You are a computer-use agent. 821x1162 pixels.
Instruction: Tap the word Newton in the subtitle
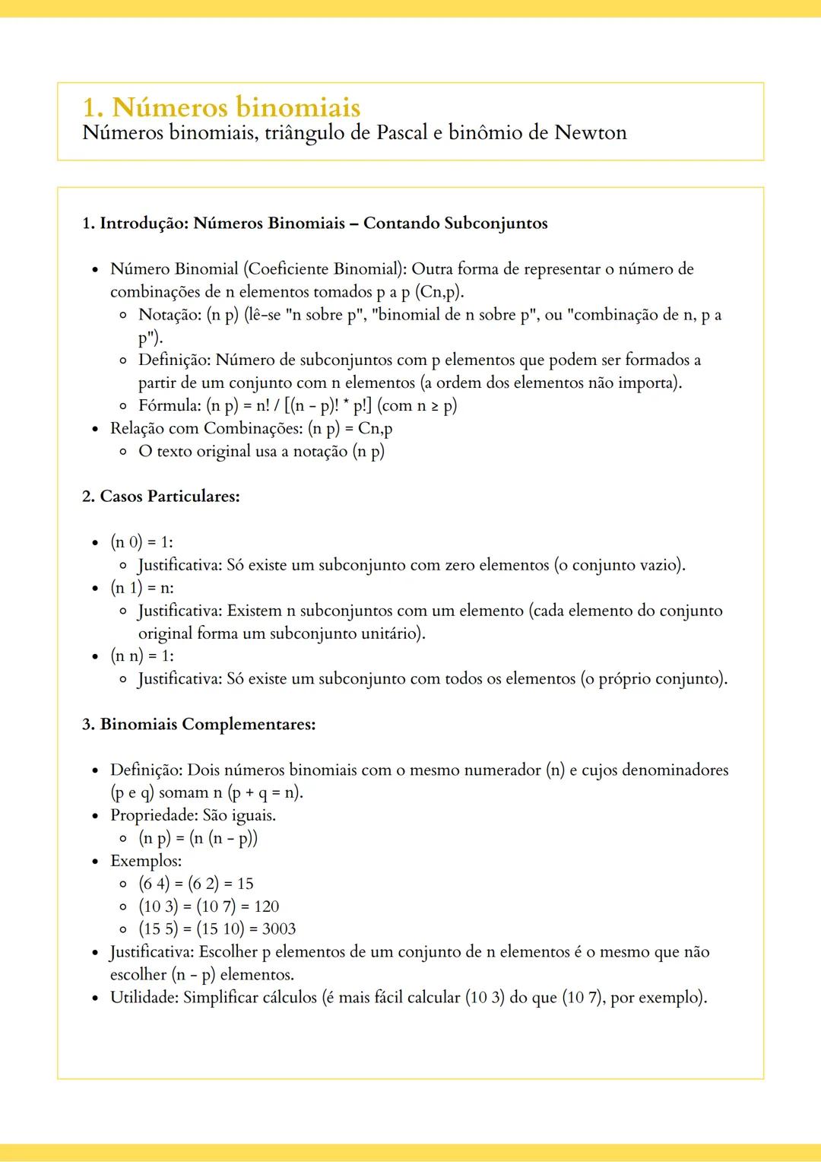(x=590, y=133)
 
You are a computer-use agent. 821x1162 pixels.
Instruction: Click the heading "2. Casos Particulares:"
(x=161, y=497)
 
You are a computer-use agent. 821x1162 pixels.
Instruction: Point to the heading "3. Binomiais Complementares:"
(x=199, y=724)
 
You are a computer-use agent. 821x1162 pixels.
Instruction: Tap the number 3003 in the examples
(x=278, y=929)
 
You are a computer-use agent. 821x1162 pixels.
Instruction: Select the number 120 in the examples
(x=266, y=906)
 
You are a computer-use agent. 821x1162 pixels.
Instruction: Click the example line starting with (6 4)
(x=195, y=884)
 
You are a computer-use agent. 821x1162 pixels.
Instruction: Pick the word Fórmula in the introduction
(x=170, y=405)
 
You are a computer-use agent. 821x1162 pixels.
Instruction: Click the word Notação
(x=170, y=315)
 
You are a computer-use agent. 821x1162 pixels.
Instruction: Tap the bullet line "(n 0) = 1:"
(x=141, y=542)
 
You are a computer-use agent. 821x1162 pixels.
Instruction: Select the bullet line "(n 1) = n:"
(x=142, y=588)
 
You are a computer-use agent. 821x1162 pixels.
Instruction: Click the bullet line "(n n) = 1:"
(x=142, y=656)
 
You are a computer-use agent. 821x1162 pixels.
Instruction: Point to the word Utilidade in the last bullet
(x=144, y=997)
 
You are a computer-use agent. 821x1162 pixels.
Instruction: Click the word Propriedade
(x=154, y=815)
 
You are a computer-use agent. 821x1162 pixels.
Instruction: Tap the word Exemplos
(x=145, y=861)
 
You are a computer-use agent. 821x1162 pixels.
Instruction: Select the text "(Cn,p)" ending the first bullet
(x=439, y=292)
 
